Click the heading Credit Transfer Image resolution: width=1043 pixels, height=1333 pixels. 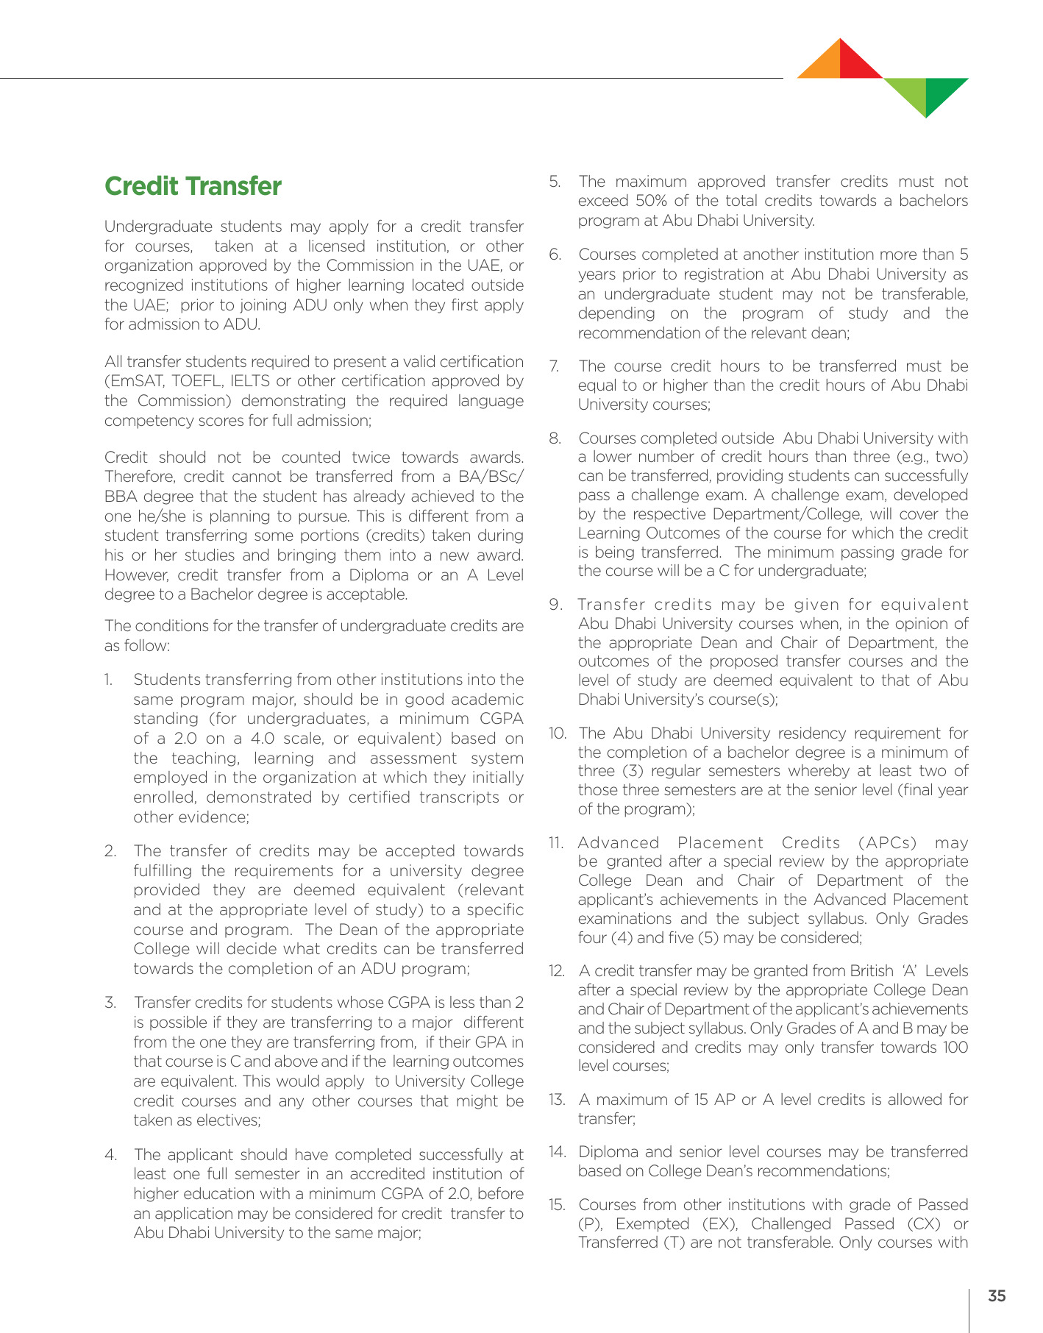click(x=193, y=187)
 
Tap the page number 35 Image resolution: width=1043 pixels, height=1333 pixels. click(x=997, y=1296)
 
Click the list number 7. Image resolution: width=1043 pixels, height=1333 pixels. click(x=555, y=366)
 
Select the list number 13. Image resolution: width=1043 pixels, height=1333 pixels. click(x=557, y=1100)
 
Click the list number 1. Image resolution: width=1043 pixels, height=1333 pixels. click(x=108, y=680)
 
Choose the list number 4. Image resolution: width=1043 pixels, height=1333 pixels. click(x=110, y=1155)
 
